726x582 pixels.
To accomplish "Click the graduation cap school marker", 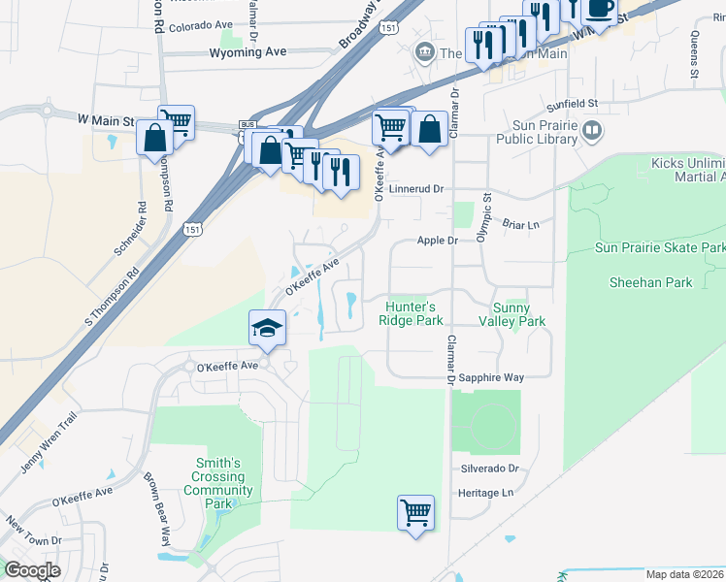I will coord(266,326).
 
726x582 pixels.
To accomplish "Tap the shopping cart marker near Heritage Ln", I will coord(415,511).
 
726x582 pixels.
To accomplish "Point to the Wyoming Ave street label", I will coord(248,53).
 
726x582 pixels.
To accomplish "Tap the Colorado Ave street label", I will coord(200,25).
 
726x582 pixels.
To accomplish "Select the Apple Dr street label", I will coord(437,240).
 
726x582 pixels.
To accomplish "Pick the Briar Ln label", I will coord(520,224).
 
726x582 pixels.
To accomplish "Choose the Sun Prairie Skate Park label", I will coord(659,248).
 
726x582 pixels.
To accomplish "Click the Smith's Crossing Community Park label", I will coord(218,483).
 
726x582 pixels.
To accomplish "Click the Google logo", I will coord(32,570).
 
